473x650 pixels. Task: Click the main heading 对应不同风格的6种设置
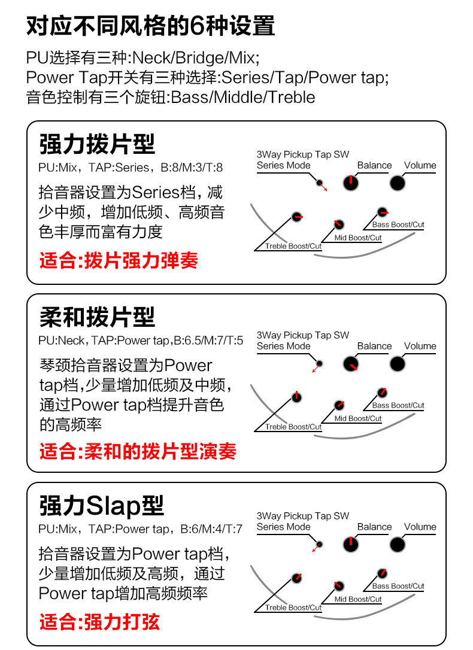point(151,26)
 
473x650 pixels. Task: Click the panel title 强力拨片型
point(97,144)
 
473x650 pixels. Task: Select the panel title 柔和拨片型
point(97,317)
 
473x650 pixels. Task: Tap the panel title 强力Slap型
point(101,506)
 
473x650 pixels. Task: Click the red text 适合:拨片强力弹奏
point(119,261)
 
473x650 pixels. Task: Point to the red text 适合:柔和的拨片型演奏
point(138,451)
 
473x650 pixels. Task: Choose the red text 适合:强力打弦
point(99,621)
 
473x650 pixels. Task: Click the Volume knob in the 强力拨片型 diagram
point(398,183)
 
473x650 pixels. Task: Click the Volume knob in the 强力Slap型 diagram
point(398,544)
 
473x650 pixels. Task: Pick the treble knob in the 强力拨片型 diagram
point(296,217)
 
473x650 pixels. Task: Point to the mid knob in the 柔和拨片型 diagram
point(339,405)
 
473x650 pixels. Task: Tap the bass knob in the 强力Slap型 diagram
point(382,573)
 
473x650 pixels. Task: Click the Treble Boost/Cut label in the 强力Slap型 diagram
point(293,608)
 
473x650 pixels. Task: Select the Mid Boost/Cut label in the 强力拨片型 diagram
point(358,238)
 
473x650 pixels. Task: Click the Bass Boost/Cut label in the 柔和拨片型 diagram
point(398,405)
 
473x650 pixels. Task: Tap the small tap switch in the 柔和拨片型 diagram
point(320,363)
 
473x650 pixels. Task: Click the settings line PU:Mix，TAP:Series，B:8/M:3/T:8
point(131,168)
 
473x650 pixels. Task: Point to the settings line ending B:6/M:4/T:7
point(140,529)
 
